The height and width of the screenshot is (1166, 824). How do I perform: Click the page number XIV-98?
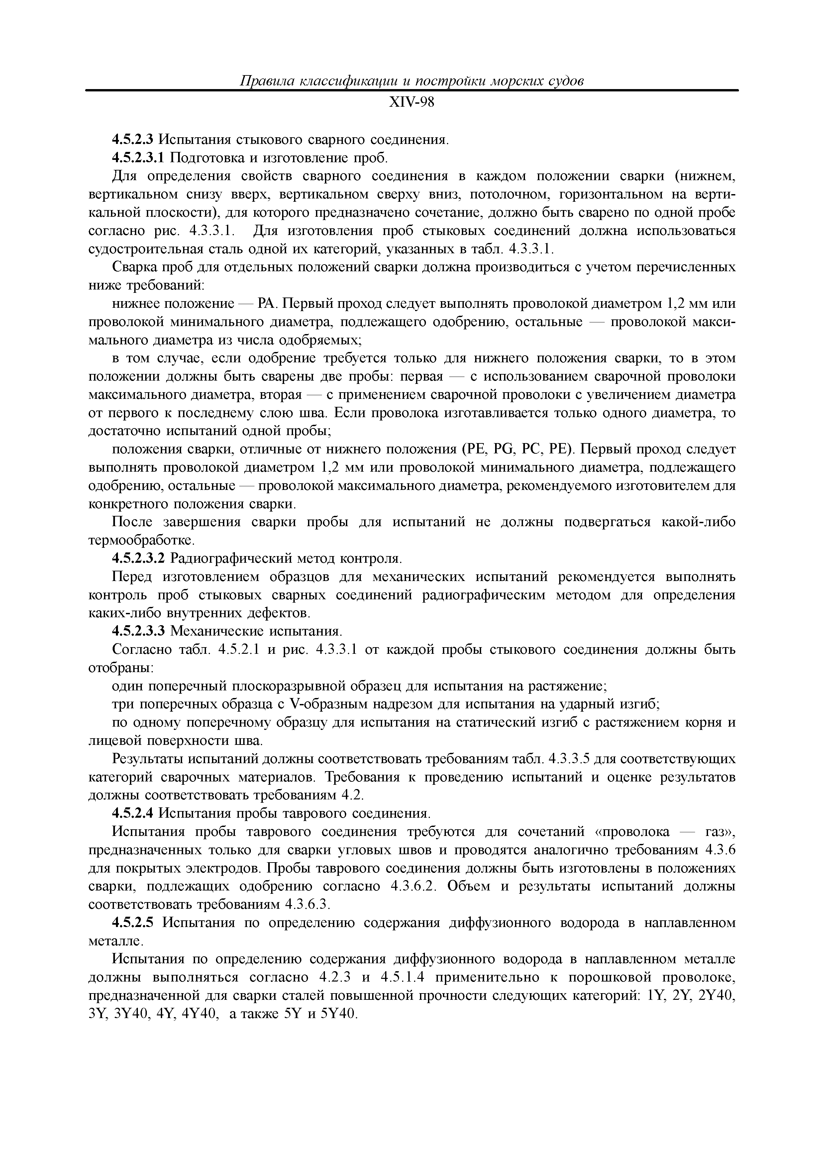tap(412, 103)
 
